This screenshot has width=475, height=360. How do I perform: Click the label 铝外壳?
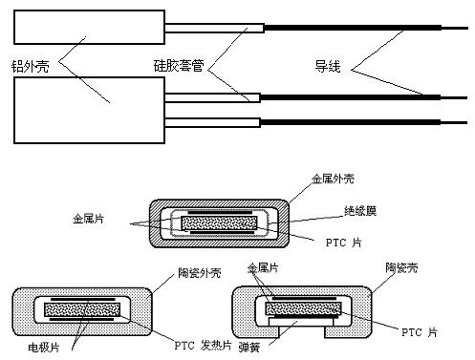click(x=31, y=67)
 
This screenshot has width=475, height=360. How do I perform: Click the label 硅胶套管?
click(x=179, y=66)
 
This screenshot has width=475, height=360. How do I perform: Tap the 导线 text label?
click(x=328, y=66)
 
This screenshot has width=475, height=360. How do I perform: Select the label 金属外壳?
click(x=333, y=179)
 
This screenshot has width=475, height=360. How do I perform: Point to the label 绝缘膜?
click(x=360, y=211)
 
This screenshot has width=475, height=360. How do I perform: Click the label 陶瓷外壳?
click(x=200, y=273)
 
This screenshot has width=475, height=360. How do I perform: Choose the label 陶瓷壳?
click(x=401, y=267)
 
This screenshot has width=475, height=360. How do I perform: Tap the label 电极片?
click(x=44, y=347)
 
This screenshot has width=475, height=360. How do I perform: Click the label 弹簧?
click(x=249, y=347)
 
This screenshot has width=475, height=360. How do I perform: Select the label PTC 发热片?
click(x=203, y=346)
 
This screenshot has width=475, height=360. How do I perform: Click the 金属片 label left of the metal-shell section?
click(x=88, y=219)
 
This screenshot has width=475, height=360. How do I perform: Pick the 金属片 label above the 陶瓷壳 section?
click(x=263, y=268)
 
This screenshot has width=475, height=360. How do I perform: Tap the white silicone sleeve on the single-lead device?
click(x=214, y=28)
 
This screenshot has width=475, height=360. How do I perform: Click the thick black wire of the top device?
click(x=353, y=28)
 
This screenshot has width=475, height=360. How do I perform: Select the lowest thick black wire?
click(x=351, y=122)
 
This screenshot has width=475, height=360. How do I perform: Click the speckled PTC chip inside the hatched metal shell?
click(x=219, y=222)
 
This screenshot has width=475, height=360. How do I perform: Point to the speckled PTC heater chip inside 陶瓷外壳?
click(x=82, y=309)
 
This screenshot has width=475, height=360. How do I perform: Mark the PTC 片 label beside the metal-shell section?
click(x=344, y=243)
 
